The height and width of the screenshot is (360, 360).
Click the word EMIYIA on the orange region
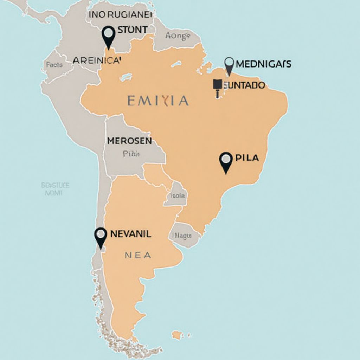[x=158, y=101]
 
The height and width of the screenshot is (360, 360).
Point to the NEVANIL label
[x=131, y=234]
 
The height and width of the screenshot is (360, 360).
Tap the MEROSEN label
[x=129, y=141]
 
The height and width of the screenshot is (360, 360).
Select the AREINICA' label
[x=97, y=60]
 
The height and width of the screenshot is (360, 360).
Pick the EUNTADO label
[x=244, y=85]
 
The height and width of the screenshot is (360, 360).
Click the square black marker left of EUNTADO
[x=218, y=84]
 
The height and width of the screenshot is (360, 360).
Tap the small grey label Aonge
[x=178, y=36]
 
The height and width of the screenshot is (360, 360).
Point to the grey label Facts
[x=54, y=65]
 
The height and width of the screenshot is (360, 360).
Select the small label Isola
[x=178, y=196]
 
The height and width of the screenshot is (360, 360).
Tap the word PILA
[x=247, y=158]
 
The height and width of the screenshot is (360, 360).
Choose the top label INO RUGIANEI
[x=121, y=15]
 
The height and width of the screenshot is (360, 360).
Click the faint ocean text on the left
[x=55, y=189]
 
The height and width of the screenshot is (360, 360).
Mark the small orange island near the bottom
[x=177, y=334]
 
